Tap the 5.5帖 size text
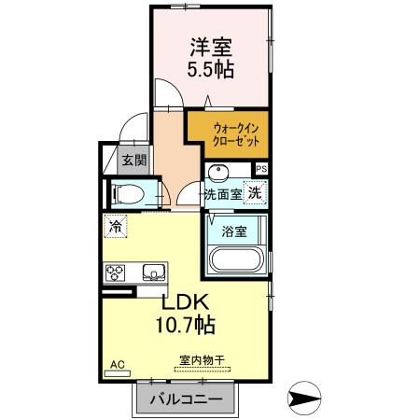[x=212, y=69]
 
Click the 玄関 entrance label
[x=134, y=161]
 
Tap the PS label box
[x=260, y=169]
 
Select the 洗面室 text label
[x=223, y=194]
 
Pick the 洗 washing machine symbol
[x=255, y=193]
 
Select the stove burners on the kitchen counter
[x=117, y=273]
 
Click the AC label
[x=117, y=363]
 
